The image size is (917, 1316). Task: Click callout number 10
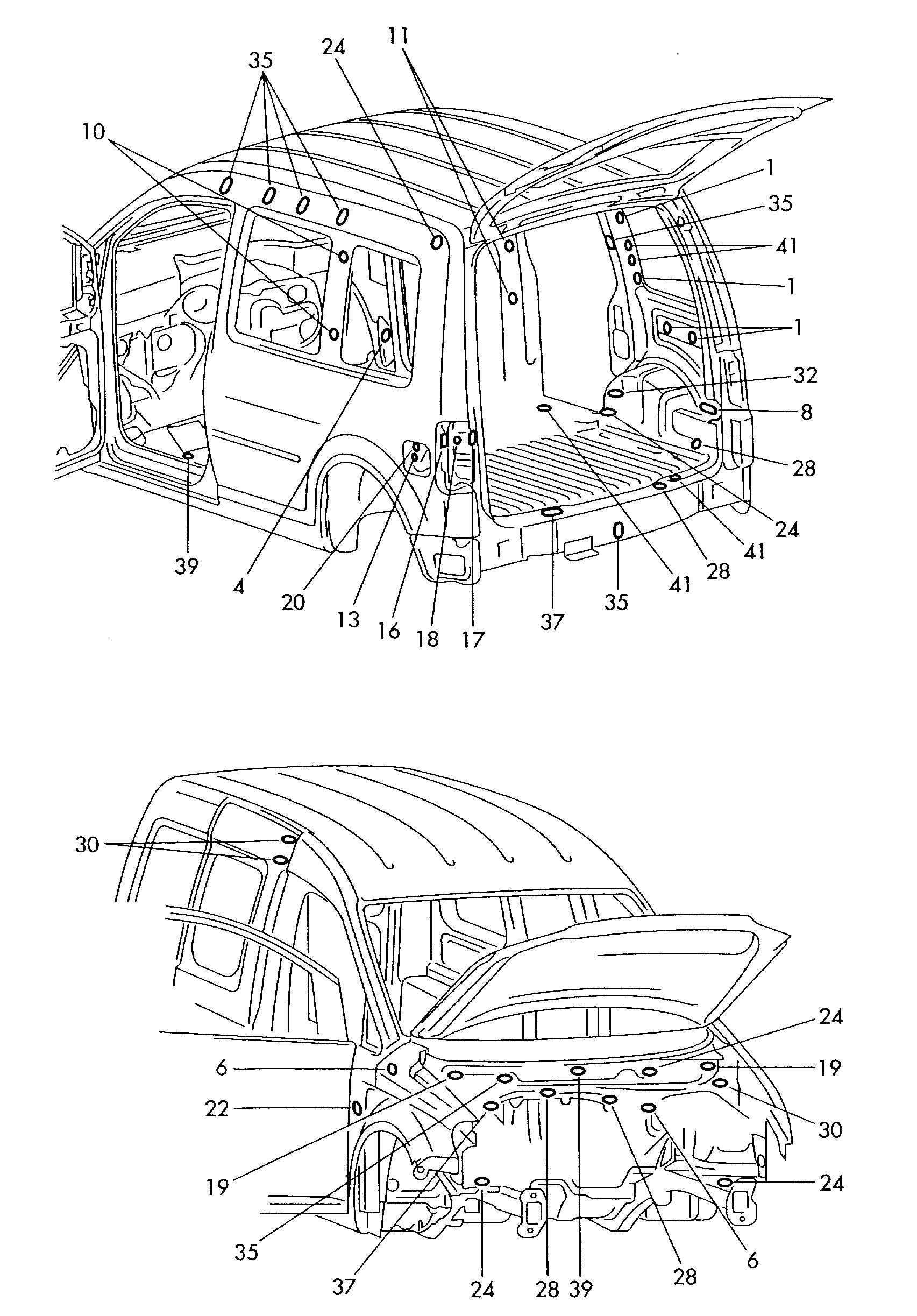coord(94,132)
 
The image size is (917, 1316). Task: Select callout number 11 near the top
coord(399,36)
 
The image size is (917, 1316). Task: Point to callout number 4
coord(239,586)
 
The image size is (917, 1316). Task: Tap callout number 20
coord(293,602)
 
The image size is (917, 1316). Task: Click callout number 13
coord(348,619)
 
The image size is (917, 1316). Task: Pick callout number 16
coord(389,631)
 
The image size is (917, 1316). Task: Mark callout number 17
coord(473,639)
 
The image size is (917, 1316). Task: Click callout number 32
coord(805,376)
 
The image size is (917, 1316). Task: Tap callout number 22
coord(217,1108)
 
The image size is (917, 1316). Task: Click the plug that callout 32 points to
coord(615,393)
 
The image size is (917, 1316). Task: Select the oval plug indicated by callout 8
coord(708,409)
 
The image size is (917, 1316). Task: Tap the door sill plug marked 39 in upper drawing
coord(187,456)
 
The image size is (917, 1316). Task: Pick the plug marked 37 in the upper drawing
coord(551,512)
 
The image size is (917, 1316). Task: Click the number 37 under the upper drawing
coord(552,622)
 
